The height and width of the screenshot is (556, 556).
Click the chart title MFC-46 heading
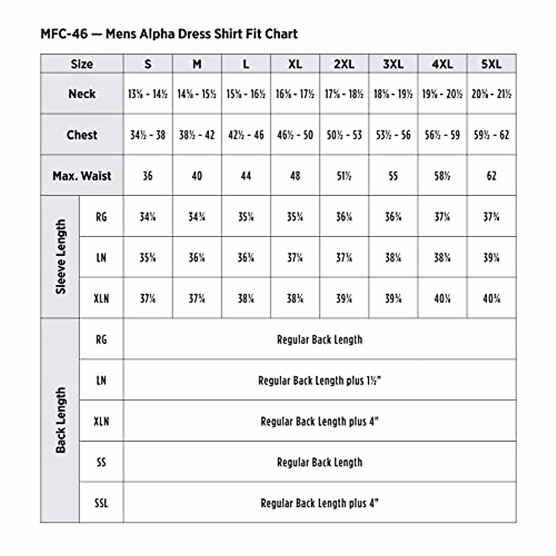click(x=169, y=34)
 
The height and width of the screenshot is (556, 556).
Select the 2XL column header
click(x=344, y=64)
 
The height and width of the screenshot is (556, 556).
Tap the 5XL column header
click(x=491, y=64)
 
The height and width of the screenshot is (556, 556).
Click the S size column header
click(x=148, y=64)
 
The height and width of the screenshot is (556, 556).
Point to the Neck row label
click(x=82, y=94)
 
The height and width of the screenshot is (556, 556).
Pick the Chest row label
click(x=82, y=135)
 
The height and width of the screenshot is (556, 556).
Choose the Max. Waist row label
click(x=82, y=176)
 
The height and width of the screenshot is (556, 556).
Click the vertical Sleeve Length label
click(x=61, y=257)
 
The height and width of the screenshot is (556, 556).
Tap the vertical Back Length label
click(x=61, y=420)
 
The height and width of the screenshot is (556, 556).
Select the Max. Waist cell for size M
click(x=197, y=176)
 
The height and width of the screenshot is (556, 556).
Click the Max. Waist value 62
click(x=491, y=176)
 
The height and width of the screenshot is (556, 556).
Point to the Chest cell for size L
click(x=246, y=135)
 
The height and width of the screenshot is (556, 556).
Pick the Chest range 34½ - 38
click(x=148, y=135)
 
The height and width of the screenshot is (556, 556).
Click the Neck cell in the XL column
click(x=295, y=94)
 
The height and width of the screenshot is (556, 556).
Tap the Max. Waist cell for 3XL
click(x=393, y=176)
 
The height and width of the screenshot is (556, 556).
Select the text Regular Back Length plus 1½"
click(x=320, y=380)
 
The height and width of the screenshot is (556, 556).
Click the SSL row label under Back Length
click(x=101, y=503)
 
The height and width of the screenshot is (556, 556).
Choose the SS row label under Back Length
click(x=101, y=462)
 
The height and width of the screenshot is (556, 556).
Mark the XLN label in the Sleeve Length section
click(x=101, y=298)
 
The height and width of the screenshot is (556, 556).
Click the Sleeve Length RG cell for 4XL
click(x=442, y=217)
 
